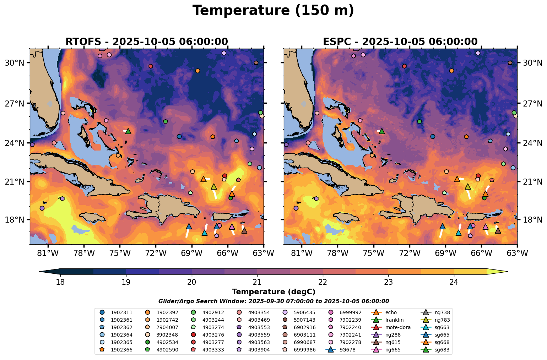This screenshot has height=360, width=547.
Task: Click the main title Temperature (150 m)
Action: pos(273,11)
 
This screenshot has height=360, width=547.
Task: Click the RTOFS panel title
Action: pos(147,42)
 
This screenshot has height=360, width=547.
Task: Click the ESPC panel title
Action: pos(400,42)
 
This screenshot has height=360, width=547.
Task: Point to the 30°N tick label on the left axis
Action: pos(15,63)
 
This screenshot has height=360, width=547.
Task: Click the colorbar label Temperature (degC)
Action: pos(273,292)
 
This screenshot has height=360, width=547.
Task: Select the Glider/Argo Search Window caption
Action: pos(273,301)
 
